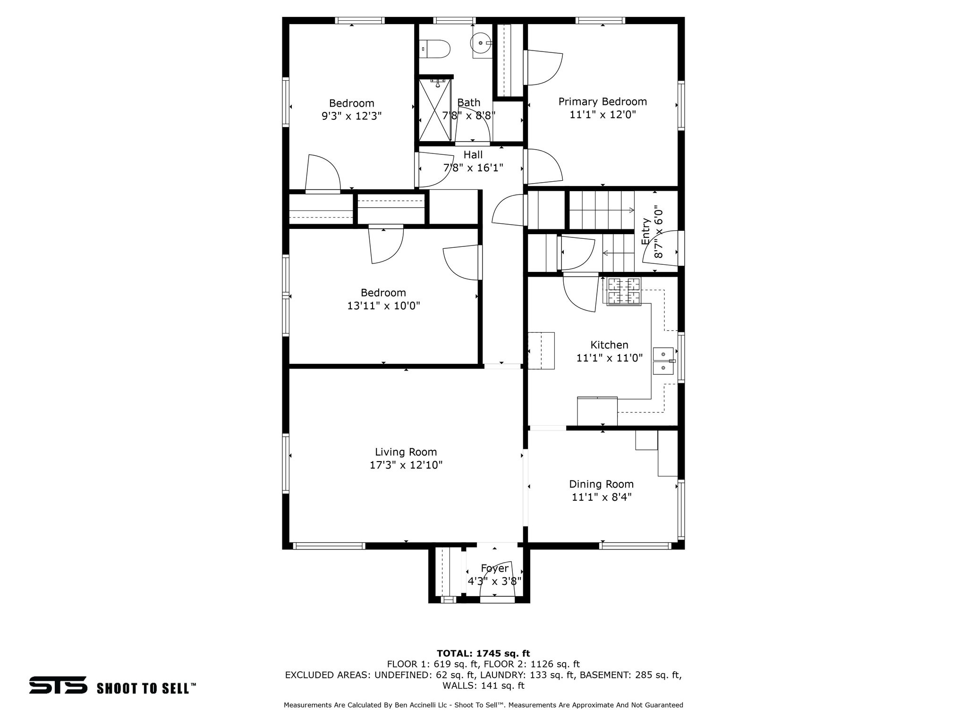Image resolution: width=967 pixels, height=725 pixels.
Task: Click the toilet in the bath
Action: click(x=435, y=49)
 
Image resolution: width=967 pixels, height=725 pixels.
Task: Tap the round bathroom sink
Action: click(x=481, y=43)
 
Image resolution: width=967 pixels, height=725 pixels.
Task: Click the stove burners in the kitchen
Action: click(x=624, y=291)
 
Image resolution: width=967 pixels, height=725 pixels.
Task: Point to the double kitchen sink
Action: click(x=663, y=361)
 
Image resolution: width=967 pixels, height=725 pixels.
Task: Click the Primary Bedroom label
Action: click(x=602, y=101)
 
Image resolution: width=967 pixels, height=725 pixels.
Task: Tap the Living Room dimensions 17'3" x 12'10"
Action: click(x=406, y=465)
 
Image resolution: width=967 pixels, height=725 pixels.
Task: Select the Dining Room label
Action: click(x=601, y=484)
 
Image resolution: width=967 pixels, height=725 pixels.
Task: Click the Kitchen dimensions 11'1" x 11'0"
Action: click(x=610, y=358)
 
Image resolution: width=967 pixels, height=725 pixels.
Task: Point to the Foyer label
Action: click(x=495, y=568)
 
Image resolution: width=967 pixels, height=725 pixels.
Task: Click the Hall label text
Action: click(x=473, y=155)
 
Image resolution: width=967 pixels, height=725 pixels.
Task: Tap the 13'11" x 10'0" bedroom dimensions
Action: click(x=384, y=306)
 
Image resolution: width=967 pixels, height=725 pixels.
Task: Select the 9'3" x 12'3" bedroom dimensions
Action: click(x=352, y=116)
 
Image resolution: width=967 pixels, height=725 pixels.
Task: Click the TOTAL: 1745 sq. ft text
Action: click(x=483, y=654)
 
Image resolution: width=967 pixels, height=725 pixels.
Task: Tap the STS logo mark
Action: click(x=58, y=685)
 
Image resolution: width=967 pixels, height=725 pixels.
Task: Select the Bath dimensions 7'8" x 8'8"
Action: click(x=468, y=116)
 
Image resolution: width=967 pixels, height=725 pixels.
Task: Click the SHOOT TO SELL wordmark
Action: click(x=146, y=688)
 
